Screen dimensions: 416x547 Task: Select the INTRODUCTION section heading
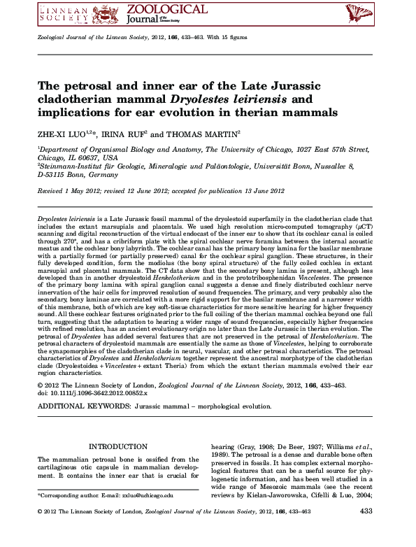(113, 446)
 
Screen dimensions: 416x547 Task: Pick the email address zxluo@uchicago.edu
(147, 495)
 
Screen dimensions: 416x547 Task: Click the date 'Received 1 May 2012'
(70, 190)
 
